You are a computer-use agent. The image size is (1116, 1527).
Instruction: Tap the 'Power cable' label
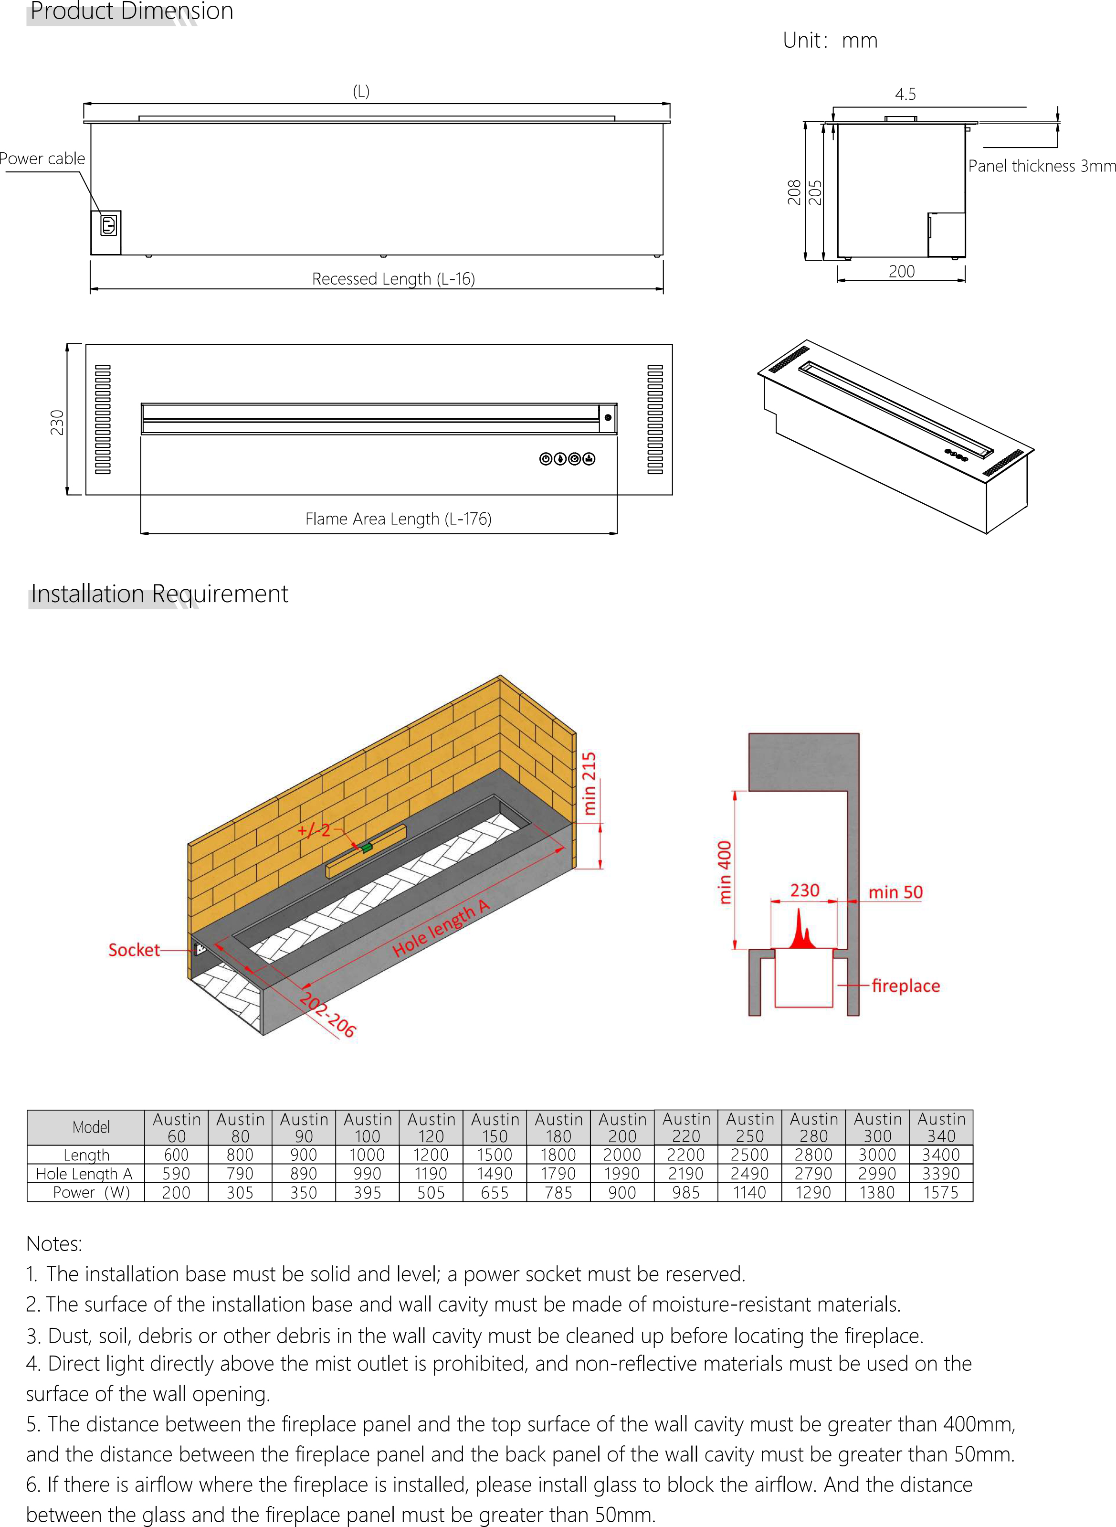pyautogui.click(x=42, y=159)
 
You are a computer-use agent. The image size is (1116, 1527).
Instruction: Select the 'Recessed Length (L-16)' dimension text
pyautogui.click(x=393, y=279)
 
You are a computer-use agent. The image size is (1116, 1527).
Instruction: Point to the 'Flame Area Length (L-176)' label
pyautogui.click(x=398, y=519)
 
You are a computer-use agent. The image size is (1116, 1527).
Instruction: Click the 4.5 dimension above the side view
pyautogui.click(x=905, y=95)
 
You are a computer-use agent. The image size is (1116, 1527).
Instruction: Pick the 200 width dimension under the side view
pyautogui.click(x=901, y=272)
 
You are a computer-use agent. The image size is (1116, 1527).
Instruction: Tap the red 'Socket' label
pyautogui.click(x=134, y=950)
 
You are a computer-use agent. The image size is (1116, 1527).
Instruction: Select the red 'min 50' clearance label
pyautogui.click(x=895, y=892)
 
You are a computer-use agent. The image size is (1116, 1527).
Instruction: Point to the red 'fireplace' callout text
pyautogui.click(x=905, y=986)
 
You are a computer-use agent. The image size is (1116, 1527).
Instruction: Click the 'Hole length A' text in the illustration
pyautogui.click(x=441, y=928)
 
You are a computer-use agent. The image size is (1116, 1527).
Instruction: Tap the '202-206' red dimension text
pyautogui.click(x=327, y=1014)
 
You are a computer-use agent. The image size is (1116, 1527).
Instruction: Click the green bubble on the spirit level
pyautogui.click(x=366, y=847)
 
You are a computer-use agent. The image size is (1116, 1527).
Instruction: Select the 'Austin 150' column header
pyautogui.click(x=495, y=1128)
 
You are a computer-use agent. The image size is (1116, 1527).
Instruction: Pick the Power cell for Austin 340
pyautogui.click(x=940, y=1193)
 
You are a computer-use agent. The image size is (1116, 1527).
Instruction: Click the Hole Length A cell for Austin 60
pyautogui.click(x=176, y=1174)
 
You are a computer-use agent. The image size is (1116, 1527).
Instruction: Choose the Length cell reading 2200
pyautogui.click(x=685, y=1155)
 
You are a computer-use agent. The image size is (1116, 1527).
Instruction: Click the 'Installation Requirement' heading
pyautogui.click(x=159, y=594)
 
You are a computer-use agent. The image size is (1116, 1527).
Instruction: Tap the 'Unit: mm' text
pyautogui.click(x=830, y=41)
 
